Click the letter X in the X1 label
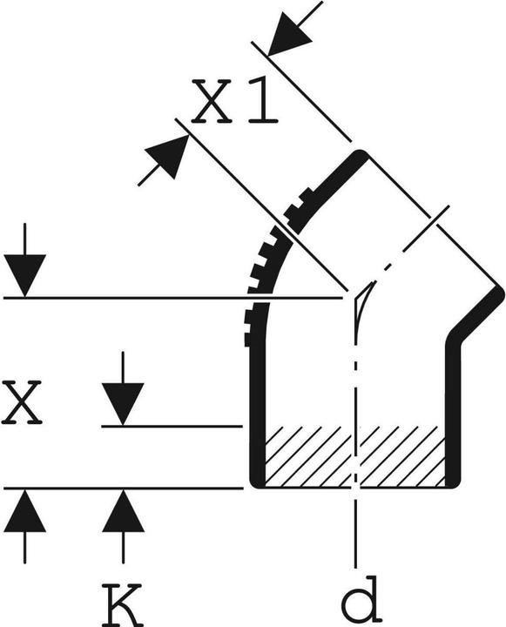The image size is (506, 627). pos(212,101)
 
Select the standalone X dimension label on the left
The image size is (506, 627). pos(21,401)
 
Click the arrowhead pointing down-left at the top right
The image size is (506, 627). pos(290,34)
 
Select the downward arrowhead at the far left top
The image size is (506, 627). pos(24,275)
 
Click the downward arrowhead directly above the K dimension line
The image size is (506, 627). pos(123,404)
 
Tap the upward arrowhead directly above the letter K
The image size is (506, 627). pos(123,510)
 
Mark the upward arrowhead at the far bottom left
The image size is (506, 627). pos(24,510)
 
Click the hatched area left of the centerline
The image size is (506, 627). pos(308,456)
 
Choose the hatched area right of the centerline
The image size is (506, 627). pos(402,456)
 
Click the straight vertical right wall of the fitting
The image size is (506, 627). pos(453,412)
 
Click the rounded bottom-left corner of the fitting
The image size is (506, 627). pos(256,482)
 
